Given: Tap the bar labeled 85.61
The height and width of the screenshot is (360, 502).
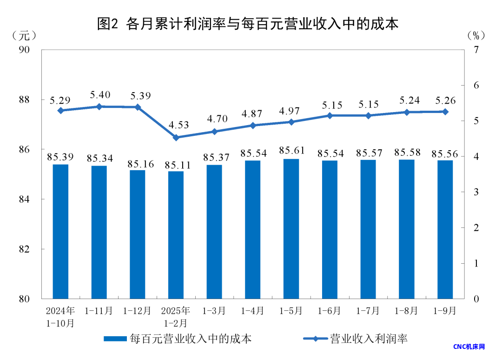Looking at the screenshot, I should click(x=291, y=228).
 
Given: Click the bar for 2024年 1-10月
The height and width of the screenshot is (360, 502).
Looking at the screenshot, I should click(x=60, y=231).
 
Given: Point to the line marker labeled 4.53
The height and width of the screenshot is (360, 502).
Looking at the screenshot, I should click(x=176, y=138).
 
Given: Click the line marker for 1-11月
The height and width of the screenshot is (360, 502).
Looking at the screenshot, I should click(x=99, y=107).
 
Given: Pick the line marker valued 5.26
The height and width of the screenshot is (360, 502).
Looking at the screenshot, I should click(x=445, y=112).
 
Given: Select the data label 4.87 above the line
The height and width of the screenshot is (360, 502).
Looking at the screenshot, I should click(x=253, y=114).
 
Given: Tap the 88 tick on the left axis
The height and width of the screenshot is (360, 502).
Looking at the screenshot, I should click(x=29, y=100).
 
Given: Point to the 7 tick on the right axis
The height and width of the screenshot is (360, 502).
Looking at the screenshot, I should click(x=476, y=50).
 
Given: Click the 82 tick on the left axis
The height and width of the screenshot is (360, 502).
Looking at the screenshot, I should click(x=29, y=249).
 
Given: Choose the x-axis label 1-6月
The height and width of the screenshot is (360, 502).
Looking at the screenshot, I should click(x=330, y=310).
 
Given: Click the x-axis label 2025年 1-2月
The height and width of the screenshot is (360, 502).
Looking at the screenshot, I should click(x=176, y=316).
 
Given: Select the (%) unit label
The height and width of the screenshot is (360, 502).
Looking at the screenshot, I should click(x=476, y=35).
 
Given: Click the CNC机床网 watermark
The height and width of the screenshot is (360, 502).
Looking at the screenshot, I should click(x=469, y=347).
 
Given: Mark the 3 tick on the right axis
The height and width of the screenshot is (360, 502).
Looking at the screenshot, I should click(x=476, y=192).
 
